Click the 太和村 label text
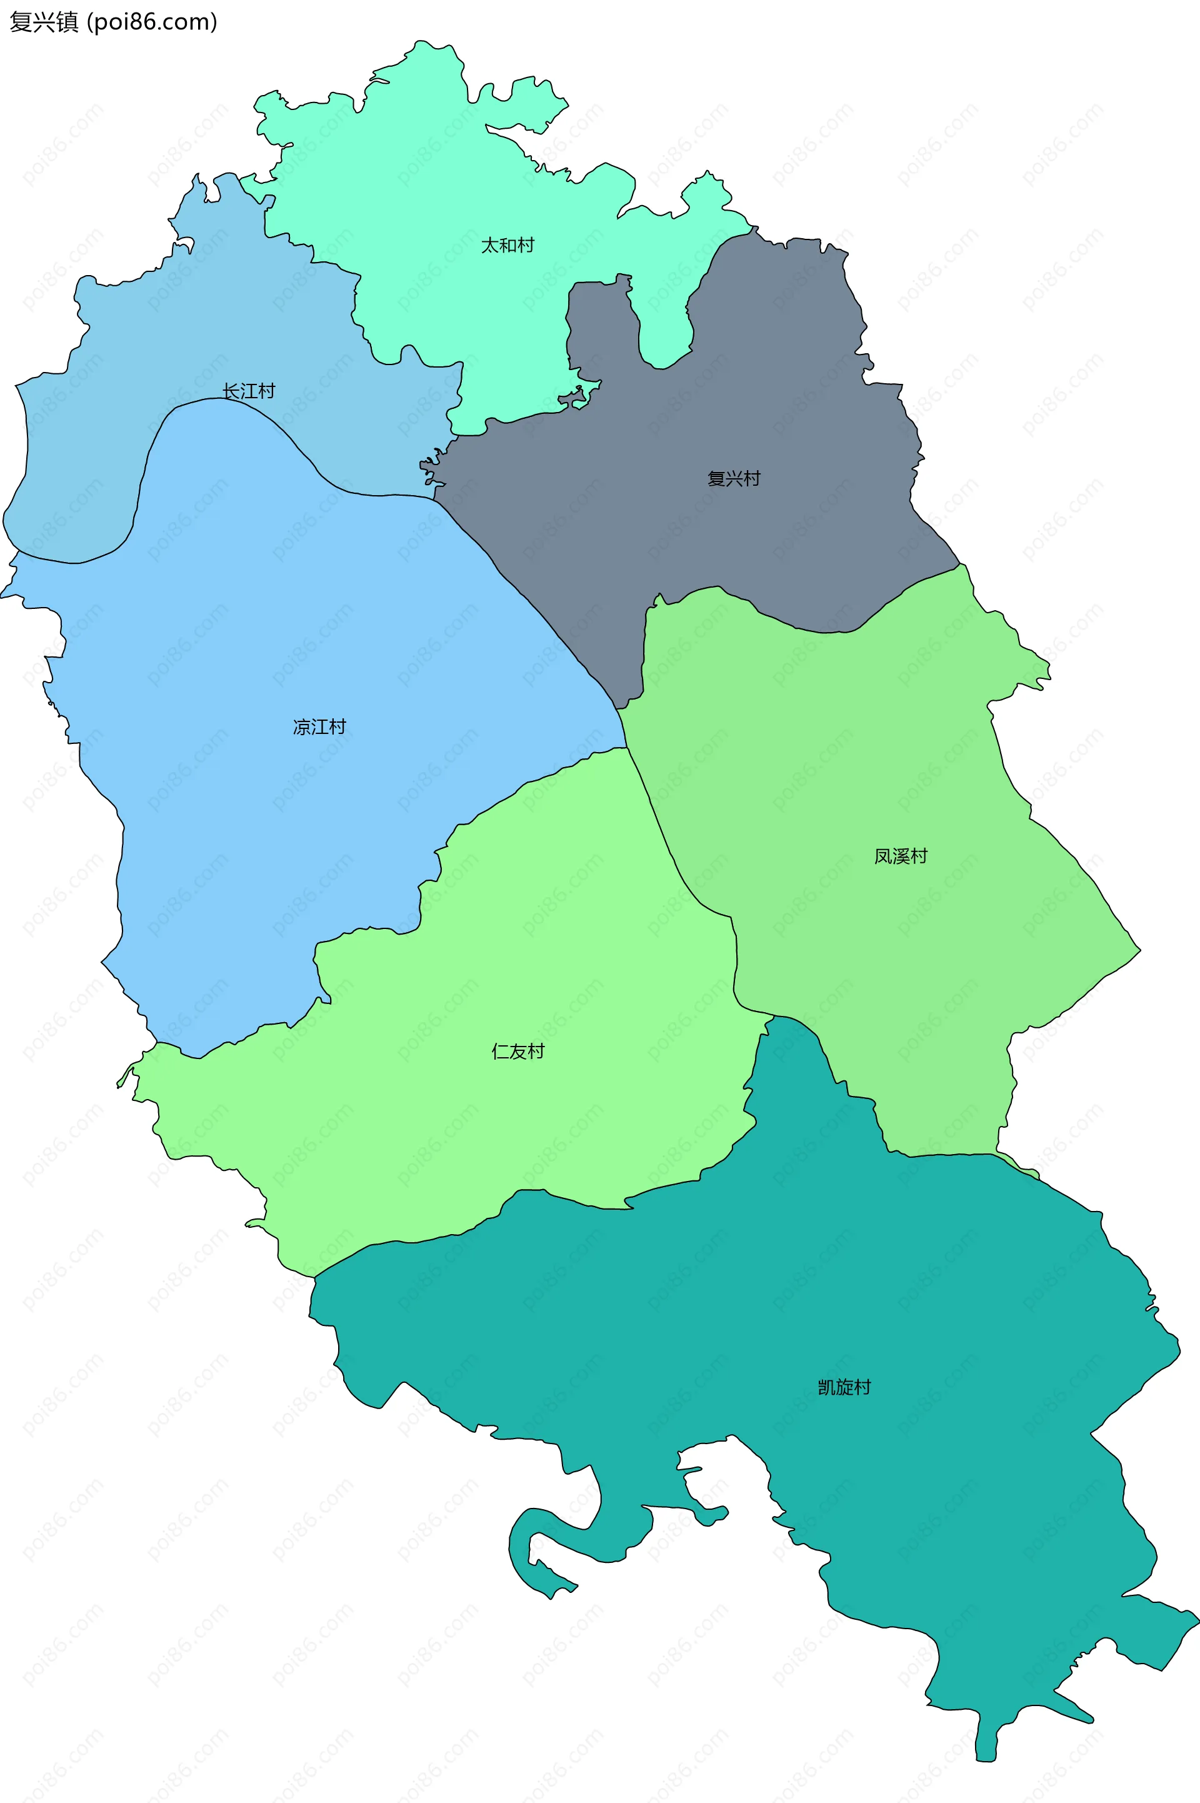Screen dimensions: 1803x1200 click(507, 245)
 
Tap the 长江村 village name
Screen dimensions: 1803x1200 click(249, 391)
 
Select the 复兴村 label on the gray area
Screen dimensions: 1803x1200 click(734, 478)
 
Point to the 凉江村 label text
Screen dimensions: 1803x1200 click(320, 726)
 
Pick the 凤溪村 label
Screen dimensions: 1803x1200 click(901, 856)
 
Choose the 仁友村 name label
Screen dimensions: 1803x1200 click(518, 1052)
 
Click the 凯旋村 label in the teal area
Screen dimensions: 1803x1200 click(844, 1387)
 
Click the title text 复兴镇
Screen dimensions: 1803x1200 click(44, 22)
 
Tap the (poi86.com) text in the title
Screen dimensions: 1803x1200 click(152, 22)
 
